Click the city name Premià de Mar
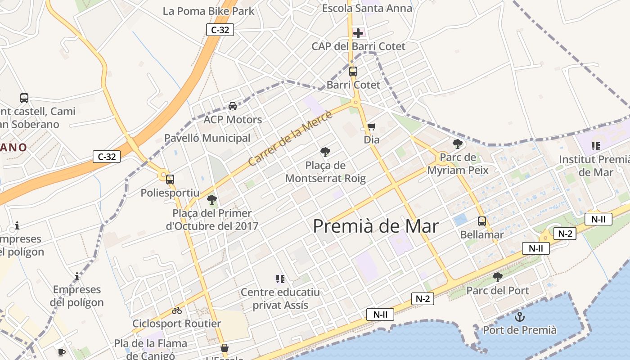(x=375, y=226)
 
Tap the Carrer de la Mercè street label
(x=290, y=138)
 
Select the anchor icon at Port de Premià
(x=520, y=317)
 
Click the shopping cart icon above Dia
(x=371, y=127)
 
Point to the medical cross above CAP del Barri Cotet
(x=358, y=33)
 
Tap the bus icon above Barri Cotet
(x=353, y=71)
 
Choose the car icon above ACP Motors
(x=233, y=106)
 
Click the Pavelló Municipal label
(x=207, y=138)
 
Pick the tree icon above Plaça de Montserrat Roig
(x=325, y=152)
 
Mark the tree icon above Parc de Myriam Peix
(x=458, y=144)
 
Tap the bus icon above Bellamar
(x=482, y=221)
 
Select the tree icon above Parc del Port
(x=498, y=277)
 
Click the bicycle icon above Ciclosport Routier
(x=177, y=310)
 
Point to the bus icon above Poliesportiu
(x=170, y=179)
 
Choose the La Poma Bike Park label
(x=208, y=11)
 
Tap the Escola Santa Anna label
(x=367, y=8)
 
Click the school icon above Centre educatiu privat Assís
(x=280, y=279)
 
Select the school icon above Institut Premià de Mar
(x=596, y=146)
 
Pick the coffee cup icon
(x=62, y=352)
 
